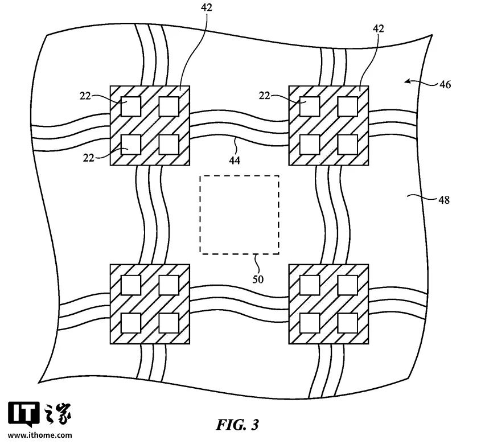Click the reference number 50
(258, 279)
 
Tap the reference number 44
(235, 160)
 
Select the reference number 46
(445, 84)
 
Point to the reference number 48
(444, 200)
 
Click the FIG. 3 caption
(237, 425)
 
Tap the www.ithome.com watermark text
(40, 435)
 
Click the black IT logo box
(24, 413)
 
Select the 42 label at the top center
(207, 7)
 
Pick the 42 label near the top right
(379, 28)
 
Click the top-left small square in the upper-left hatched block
(130, 106)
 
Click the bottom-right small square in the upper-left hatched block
(169, 145)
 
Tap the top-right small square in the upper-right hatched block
(348, 106)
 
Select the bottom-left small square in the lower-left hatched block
(130, 323)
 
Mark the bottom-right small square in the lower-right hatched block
(348, 323)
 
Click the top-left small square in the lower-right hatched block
(310, 285)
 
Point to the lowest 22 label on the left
(88, 158)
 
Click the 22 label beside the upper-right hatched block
(265, 96)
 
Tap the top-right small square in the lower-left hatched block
(169, 285)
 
